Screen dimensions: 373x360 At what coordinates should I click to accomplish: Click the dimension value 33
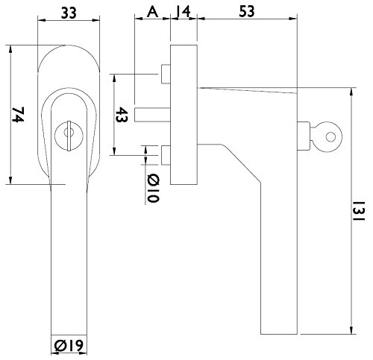coord(69,13)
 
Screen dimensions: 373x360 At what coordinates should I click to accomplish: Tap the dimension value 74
coord(18,115)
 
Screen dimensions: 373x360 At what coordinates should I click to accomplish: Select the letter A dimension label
coord(152,12)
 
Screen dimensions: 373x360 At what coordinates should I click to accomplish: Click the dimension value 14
coord(184,12)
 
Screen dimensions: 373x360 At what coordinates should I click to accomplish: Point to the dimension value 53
coord(247,11)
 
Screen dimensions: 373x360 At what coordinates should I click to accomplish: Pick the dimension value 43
coord(122,115)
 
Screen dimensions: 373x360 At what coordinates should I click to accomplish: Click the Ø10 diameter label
coord(152,189)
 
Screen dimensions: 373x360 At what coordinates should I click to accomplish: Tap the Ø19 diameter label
coord(69,346)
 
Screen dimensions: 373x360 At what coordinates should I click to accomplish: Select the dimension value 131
coord(358,211)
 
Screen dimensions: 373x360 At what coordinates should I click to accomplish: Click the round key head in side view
coord(327,136)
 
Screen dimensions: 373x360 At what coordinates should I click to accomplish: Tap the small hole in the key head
coord(330,137)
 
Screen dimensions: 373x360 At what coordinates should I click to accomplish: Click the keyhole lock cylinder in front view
coord(69,136)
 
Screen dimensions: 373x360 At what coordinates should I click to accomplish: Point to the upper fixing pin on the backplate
coord(166,74)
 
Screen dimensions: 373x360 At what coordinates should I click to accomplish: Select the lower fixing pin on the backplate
coord(166,155)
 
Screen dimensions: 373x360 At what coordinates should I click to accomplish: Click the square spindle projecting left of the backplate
coord(152,115)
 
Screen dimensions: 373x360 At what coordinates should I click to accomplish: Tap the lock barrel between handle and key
coord(304,136)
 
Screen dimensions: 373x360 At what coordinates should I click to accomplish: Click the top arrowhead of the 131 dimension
coord(351,92)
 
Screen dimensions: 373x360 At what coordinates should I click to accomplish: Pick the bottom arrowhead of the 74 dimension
coord(10,180)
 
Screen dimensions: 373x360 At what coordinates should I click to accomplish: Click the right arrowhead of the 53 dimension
coord(293,18)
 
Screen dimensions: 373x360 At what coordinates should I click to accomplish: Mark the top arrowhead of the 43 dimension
coord(114,78)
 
